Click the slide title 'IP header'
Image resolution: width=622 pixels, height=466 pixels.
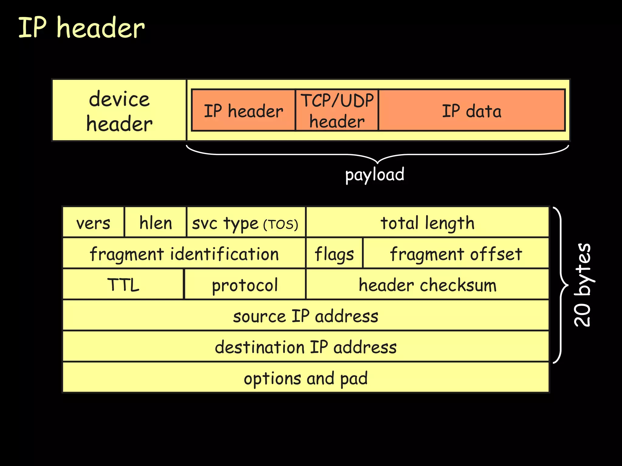pyautogui.click(x=81, y=28)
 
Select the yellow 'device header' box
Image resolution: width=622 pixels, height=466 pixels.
pyautogui.click(x=119, y=110)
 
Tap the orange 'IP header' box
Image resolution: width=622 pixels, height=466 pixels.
pyautogui.click(x=243, y=110)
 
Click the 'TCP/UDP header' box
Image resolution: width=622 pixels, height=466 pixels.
pyautogui.click(x=337, y=110)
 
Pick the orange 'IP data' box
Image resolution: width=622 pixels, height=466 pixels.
pyautogui.click(x=471, y=110)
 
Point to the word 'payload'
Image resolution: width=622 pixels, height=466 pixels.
pyautogui.click(x=374, y=174)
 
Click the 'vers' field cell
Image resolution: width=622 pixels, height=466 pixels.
pyautogui.click(x=93, y=223)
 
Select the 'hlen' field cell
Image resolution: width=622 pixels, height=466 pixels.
pyautogui.click(x=155, y=223)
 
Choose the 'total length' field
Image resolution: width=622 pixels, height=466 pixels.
pyautogui.click(x=427, y=223)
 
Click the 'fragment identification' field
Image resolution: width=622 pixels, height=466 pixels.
pyautogui.click(x=184, y=254)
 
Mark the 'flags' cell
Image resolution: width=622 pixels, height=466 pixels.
pyautogui.click(x=334, y=254)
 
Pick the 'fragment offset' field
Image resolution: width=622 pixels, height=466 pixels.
pyautogui.click(x=456, y=254)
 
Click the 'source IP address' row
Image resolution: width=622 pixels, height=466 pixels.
pyautogui.click(x=306, y=316)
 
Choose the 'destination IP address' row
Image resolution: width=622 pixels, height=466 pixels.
pyautogui.click(x=306, y=347)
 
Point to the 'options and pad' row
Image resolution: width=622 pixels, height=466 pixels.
pyautogui.click(x=306, y=378)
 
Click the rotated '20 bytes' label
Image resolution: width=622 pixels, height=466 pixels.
pyautogui.click(x=583, y=285)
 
